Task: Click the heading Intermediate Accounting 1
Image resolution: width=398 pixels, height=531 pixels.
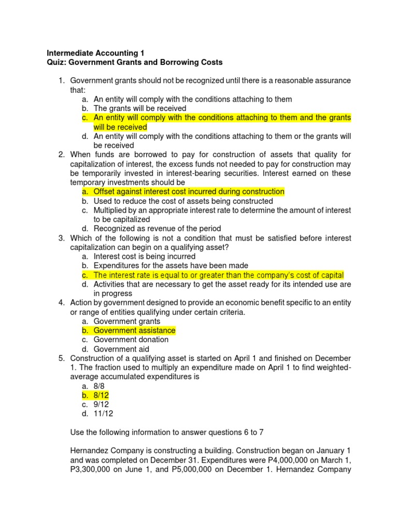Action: point(96,53)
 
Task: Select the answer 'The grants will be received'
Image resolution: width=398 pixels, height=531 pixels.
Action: point(139,108)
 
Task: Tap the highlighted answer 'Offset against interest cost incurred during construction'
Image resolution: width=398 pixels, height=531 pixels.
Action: point(189,192)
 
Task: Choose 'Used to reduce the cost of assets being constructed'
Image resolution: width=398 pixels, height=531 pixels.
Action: point(183,201)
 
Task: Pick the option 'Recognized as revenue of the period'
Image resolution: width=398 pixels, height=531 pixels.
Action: point(157,229)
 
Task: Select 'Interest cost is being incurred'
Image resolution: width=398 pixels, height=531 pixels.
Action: point(145,256)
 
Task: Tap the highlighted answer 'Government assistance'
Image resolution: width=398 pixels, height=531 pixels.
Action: point(134,330)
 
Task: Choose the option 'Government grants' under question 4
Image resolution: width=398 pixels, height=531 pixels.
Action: point(127,322)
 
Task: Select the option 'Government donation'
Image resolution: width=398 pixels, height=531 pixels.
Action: point(131,340)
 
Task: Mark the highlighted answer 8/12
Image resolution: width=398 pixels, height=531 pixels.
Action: point(101,395)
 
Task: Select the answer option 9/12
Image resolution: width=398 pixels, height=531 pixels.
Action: point(101,404)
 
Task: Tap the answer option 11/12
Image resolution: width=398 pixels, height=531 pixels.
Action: point(103,414)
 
